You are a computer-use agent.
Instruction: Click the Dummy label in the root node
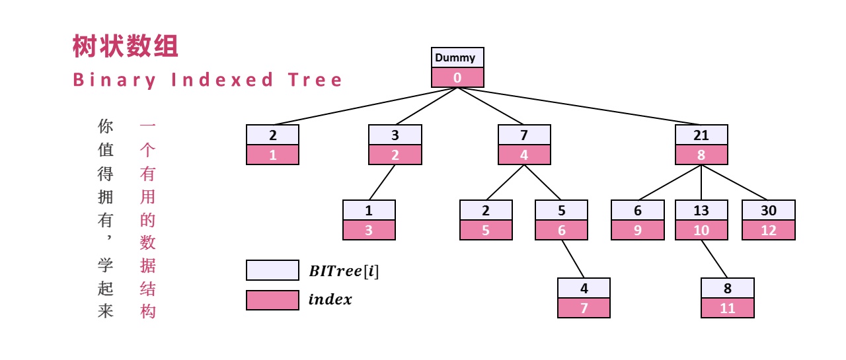(455, 57)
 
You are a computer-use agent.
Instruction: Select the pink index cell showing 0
(457, 78)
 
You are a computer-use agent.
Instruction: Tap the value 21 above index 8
(701, 135)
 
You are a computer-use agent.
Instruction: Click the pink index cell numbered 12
(768, 230)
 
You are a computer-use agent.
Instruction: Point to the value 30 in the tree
(768, 210)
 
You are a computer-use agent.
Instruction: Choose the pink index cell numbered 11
(728, 308)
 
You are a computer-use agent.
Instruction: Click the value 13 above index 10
(701, 210)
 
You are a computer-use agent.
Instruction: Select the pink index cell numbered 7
(584, 308)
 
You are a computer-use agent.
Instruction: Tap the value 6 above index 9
(638, 210)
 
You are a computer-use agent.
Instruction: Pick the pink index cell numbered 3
(369, 230)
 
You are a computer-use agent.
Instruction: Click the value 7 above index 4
(524, 135)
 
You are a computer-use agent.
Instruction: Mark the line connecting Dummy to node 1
(365, 106)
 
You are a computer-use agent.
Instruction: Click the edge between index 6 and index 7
(572, 259)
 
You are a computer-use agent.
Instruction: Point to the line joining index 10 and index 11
(714, 259)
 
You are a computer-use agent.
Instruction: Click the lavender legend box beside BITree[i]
(272, 270)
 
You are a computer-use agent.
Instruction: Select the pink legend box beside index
(272, 300)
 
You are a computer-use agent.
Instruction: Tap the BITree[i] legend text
(344, 271)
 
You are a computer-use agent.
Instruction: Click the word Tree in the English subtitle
(315, 80)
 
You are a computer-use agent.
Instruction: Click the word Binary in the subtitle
(114, 81)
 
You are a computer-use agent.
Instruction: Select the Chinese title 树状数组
(125, 46)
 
